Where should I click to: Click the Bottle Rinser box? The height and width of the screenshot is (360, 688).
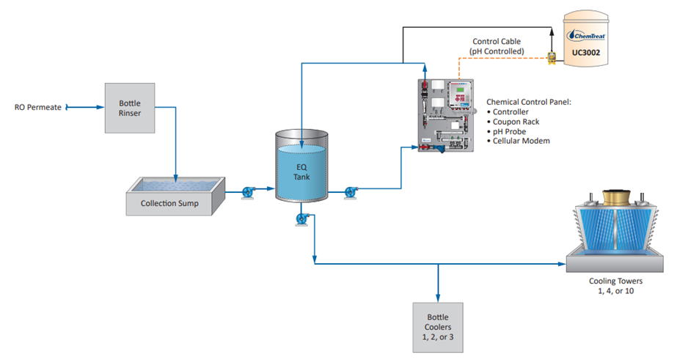pyautogui.click(x=130, y=108)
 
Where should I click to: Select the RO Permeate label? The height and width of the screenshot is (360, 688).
pyautogui.click(x=38, y=108)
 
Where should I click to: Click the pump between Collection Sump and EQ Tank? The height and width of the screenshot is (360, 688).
pyautogui.click(x=247, y=193)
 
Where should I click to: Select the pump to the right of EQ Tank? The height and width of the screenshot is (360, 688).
pyautogui.click(x=351, y=192)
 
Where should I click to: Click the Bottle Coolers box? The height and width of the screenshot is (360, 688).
pyautogui.click(x=438, y=326)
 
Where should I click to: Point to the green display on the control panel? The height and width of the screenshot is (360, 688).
pyautogui.click(x=458, y=92)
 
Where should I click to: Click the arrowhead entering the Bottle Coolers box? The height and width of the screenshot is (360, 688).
pyautogui.click(x=438, y=296)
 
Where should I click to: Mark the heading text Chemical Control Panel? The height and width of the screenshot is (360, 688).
pyautogui.click(x=529, y=102)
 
